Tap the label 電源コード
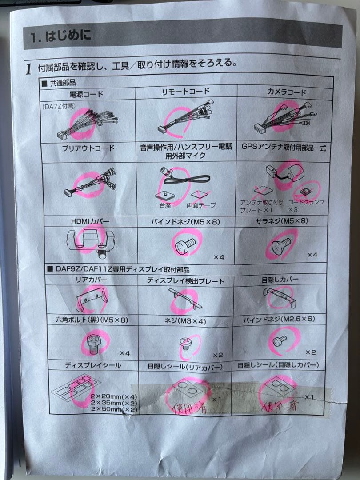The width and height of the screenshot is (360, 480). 86,94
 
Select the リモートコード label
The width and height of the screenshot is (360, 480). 185,92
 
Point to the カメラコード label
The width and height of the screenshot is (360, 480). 287,92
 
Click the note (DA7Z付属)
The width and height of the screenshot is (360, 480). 59,107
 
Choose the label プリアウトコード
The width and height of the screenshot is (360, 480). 88,148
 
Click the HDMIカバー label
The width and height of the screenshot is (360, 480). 90,221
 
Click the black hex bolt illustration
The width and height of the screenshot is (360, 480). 93,343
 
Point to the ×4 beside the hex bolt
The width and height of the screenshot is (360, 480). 124,353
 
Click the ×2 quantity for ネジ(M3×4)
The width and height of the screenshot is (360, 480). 218,355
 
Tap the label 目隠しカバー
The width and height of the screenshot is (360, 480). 280,280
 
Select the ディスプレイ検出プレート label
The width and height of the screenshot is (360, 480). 185,281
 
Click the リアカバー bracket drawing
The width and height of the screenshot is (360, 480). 91,299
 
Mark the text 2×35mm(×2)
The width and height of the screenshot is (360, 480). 114,403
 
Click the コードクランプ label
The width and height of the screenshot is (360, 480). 306,202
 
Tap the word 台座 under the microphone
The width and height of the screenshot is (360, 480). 165,205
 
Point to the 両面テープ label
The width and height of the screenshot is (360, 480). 201,205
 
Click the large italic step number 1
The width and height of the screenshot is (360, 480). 28,69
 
